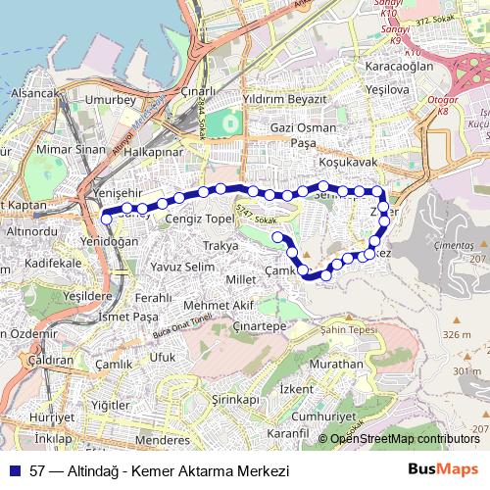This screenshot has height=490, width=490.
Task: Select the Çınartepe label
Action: [x=260, y=324]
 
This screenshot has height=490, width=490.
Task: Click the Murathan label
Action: [x=336, y=364]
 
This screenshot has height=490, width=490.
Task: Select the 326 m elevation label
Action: [x=456, y=334]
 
